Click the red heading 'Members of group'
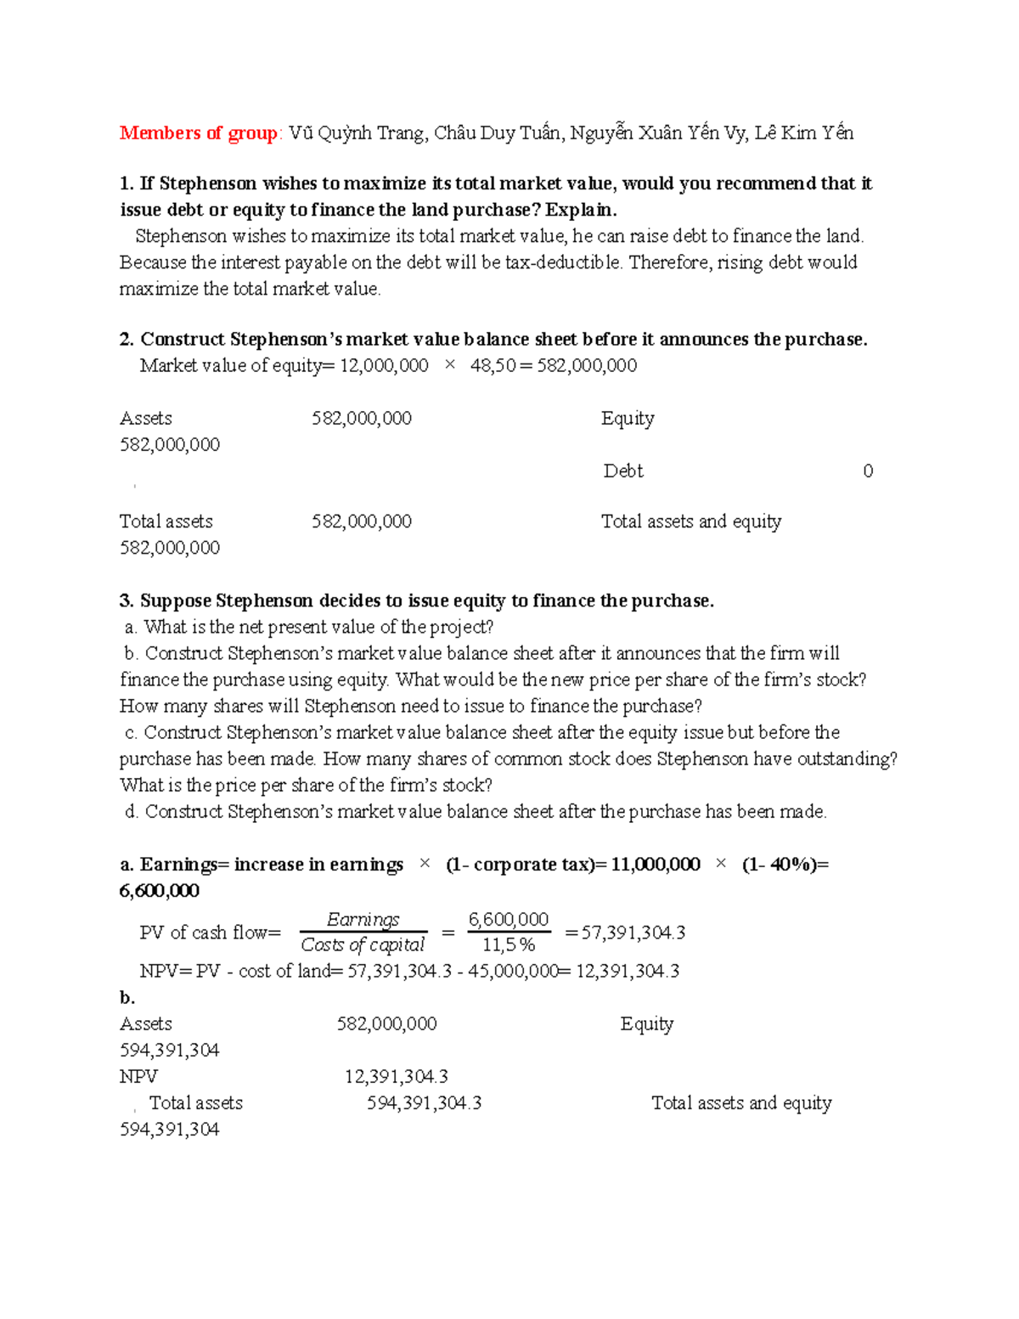click(x=198, y=132)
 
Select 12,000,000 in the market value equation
click(x=384, y=366)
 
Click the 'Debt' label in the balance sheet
click(x=623, y=471)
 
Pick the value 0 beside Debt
click(x=867, y=471)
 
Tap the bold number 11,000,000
click(x=655, y=865)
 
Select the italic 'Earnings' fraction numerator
click(x=363, y=920)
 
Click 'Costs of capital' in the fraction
click(x=363, y=945)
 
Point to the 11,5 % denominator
click(x=508, y=945)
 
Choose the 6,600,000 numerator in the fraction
click(x=508, y=920)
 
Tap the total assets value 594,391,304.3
click(x=424, y=1103)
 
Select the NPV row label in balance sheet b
click(x=138, y=1077)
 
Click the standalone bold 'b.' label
click(x=127, y=998)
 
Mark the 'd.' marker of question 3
click(x=131, y=812)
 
